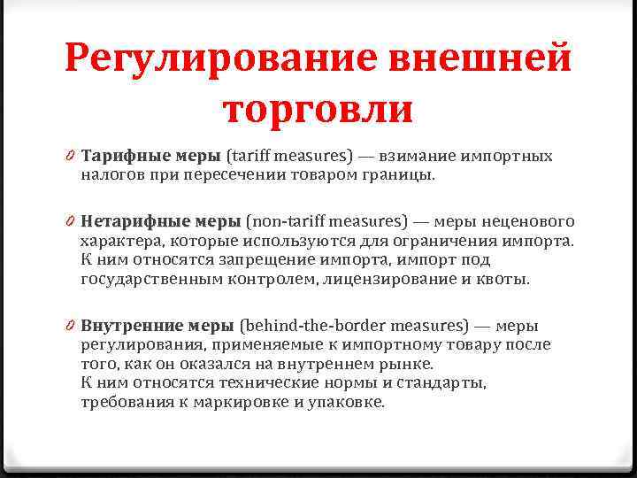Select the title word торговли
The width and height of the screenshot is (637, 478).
point(318,109)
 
